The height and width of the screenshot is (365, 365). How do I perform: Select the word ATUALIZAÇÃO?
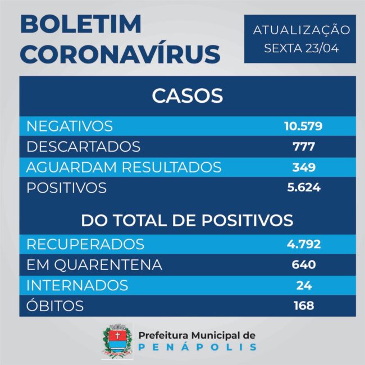click(x=302, y=30)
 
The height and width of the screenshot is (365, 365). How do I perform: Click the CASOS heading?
click(x=187, y=95)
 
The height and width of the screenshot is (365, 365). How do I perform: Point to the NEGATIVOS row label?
click(x=70, y=126)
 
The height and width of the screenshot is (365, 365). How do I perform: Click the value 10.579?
click(x=303, y=126)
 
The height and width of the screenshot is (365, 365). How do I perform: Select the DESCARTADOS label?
click(x=84, y=147)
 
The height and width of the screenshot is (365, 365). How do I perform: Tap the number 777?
click(x=303, y=147)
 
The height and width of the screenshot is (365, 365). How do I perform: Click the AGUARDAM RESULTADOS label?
click(x=124, y=167)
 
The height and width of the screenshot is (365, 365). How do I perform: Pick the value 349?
click(x=303, y=167)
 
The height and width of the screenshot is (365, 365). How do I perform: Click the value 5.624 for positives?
click(x=303, y=188)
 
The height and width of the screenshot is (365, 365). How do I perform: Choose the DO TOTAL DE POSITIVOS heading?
click(x=187, y=220)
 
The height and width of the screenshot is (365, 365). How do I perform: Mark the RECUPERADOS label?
click(x=85, y=244)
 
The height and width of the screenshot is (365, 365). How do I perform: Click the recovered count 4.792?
click(x=303, y=244)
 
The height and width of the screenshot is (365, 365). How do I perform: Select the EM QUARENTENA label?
click(x=94, y=264)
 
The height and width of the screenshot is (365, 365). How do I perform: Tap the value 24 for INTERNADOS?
click(x=303, y=285)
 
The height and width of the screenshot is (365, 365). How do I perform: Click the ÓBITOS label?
click(x=55, y=306)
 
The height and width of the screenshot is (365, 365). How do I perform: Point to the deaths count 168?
click(x=303, y=306)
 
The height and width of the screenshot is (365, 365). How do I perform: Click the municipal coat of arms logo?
click(x=117, y=341)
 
